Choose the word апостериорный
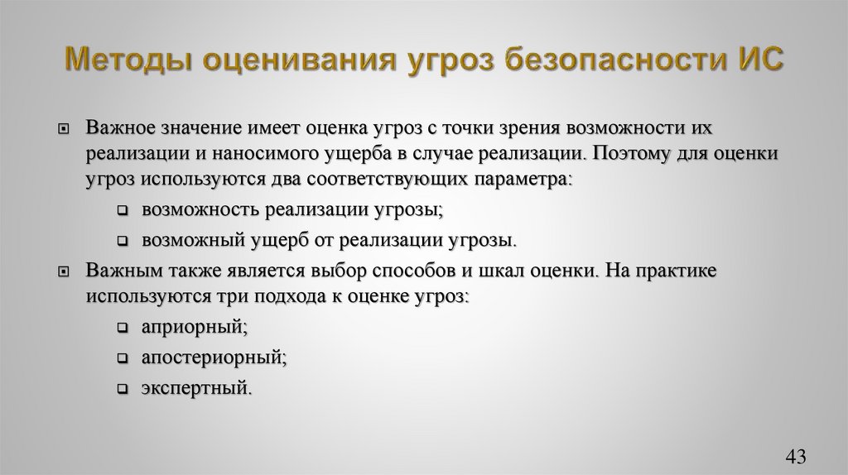[214, 357]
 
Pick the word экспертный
[195, 387]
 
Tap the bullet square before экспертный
[122, 389]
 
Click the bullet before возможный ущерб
[122, 242]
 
